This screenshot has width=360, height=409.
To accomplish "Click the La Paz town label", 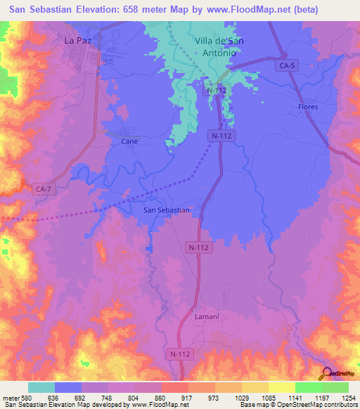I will tap(78, 41).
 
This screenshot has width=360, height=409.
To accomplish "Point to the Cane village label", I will tap(129, 141).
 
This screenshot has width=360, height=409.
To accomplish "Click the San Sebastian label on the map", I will tap(167, 210).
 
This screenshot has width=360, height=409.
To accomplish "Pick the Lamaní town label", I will tap(207, 318).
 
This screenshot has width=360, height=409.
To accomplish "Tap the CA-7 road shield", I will tap(44, 188).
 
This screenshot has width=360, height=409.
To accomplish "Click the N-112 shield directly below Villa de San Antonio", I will tap(217, 91).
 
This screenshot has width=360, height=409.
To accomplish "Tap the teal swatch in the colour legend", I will tap(41, 387).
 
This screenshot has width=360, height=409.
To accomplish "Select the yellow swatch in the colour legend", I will tap(281, 387).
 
